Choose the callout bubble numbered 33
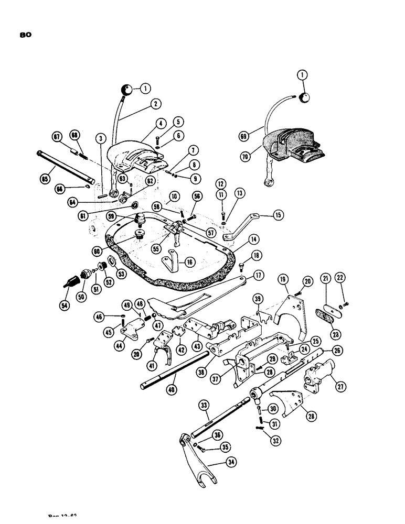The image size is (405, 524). click(205, 405)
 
